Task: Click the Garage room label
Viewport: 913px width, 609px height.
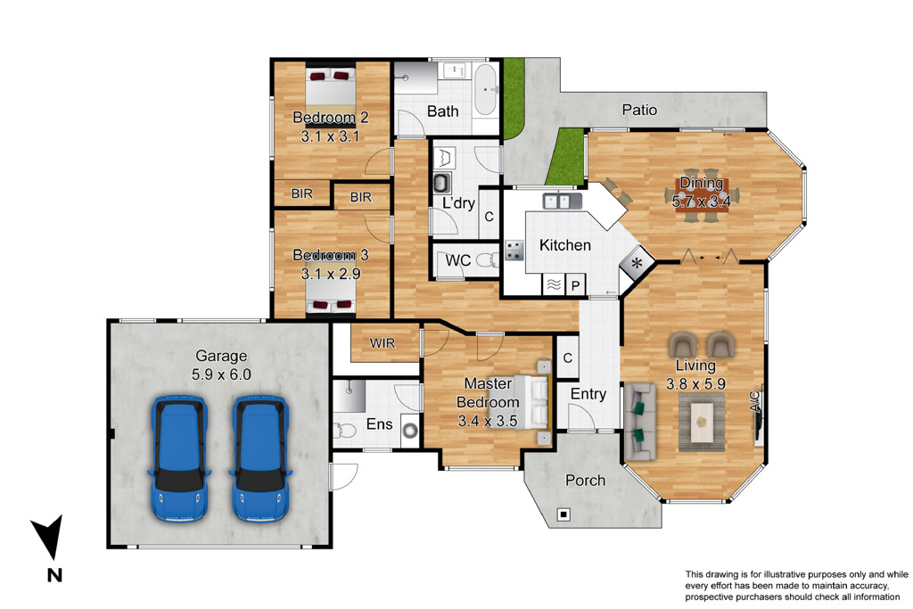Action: [221, 356]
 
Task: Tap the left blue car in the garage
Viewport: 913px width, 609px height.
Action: [178, 458]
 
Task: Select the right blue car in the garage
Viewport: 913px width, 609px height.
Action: [260, 458]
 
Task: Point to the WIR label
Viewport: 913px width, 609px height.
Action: [382, 343]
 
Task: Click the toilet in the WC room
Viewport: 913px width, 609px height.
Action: [488, 259]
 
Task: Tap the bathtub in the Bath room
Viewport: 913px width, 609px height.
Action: [486, 90]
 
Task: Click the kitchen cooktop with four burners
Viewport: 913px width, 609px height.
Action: [514, 251]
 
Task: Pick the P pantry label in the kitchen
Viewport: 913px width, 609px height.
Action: [575, 285]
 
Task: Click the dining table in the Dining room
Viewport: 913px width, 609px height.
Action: [702, 195]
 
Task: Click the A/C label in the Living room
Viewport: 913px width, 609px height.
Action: [754, 402]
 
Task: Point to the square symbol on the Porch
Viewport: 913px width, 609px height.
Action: [563, 514]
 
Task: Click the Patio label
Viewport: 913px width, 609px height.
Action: [639, 110]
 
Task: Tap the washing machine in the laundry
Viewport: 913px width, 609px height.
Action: [442, 183]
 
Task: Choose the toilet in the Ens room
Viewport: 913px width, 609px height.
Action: [345, 431]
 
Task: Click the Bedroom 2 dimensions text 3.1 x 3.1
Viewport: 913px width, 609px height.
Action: [330, 136]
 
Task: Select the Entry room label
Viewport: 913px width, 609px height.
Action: [588, 394]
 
